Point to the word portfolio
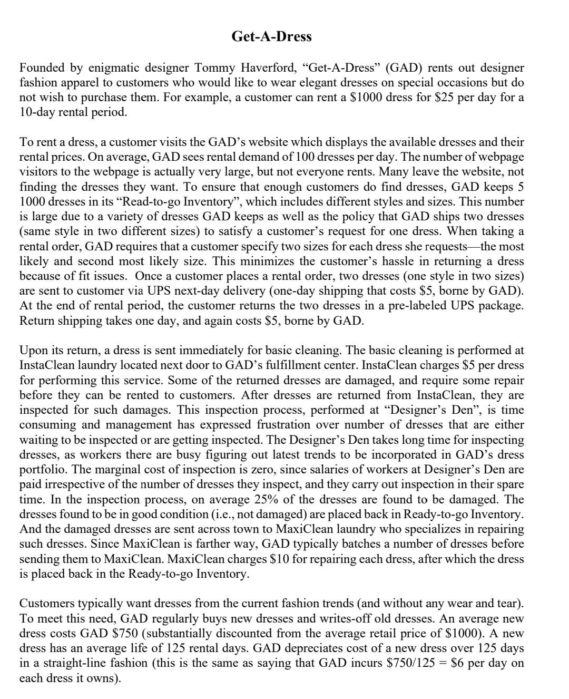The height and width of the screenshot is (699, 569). click(x=41, y=470)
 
